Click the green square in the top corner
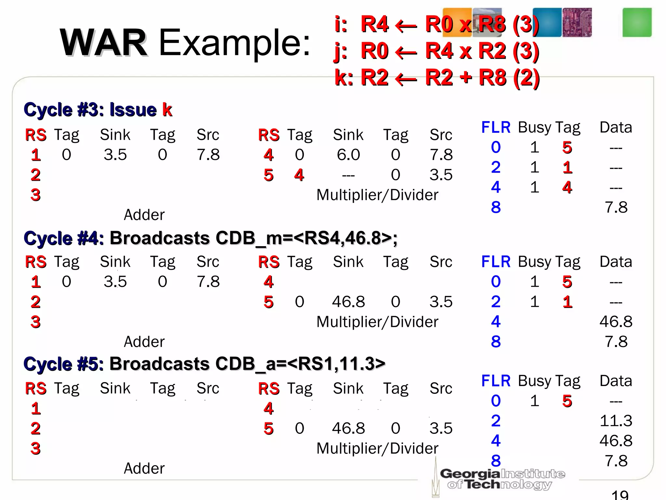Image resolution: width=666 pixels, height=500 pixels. (637, 22)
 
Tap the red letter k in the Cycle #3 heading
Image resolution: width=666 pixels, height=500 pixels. (167, 110)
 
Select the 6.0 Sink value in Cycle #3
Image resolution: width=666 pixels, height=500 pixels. (348, 155)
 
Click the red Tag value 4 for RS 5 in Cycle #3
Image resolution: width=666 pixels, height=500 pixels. (299, 175)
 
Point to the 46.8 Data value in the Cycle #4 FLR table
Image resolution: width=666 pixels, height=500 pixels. (616, 322)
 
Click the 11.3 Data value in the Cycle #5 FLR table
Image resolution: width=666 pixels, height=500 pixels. (616, 421)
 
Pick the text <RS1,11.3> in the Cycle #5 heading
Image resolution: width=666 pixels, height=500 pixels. (336, 364)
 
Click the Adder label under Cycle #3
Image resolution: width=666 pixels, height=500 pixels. (144, 215)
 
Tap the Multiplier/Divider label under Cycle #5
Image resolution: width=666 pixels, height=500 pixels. (377, 449)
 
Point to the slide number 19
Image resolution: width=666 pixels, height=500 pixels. (620, 495)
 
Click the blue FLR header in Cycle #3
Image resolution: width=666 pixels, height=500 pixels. (496, 127)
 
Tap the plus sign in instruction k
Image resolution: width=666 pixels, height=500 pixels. (466, 77)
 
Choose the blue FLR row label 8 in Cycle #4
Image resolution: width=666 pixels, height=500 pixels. (496, 342)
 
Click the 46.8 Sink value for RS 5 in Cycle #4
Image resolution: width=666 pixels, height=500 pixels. (348, 302)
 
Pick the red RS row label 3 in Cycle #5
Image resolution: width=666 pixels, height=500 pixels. (35, 449)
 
